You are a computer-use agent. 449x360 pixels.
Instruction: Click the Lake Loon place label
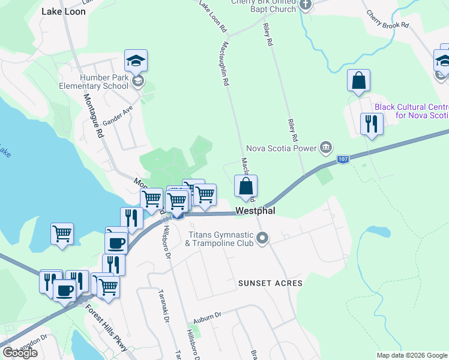point(63,11)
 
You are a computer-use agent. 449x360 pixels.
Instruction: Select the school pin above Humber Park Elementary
point(136,61)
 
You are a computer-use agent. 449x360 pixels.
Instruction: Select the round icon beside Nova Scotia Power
point(326,147)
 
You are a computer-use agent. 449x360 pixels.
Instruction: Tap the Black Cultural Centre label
point(411,111)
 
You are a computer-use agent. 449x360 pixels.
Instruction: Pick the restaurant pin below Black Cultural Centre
point(370,124)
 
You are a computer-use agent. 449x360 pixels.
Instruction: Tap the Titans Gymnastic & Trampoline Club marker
point(262,239)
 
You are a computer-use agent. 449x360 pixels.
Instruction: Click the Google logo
point(20,352)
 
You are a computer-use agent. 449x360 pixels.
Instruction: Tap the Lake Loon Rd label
point(213,16)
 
